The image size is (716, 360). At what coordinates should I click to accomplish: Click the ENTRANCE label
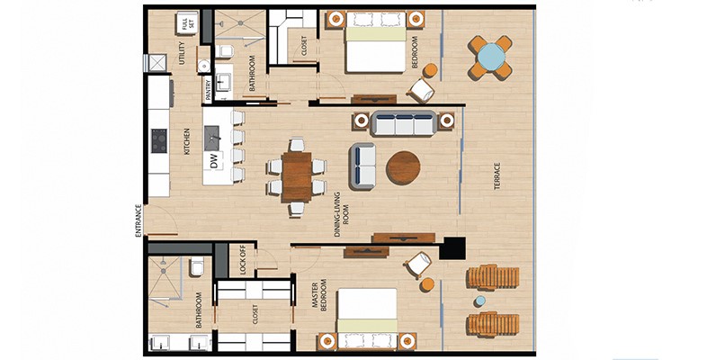[x=139, y=220]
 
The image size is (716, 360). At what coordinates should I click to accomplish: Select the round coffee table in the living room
[x=403, y=168]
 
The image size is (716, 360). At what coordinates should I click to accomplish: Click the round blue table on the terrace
[x=491, y=57]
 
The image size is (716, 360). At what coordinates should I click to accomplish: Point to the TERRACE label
[x=497, y=176]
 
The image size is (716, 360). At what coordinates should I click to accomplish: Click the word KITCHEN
[x=187, y=141]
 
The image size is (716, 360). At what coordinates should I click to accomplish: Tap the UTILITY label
[x=183, y=53]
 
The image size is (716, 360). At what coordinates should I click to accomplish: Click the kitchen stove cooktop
[x=159, y=140]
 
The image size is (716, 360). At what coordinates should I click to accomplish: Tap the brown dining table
[x=297, y=176]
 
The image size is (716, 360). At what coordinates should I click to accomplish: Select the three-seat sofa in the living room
[x=404, y=123]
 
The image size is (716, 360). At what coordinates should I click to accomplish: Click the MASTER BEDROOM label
[x=319, y=295]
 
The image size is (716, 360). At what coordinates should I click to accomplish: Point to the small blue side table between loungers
[x=480, y=301]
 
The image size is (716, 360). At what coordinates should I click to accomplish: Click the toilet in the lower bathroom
[x=197, y=266]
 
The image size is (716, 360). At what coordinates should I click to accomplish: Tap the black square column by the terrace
[x=452, y=248]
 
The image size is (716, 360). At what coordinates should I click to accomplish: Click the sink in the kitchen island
[x=212, y=138]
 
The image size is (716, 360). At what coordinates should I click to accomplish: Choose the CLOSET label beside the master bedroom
[x=255, y=315]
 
